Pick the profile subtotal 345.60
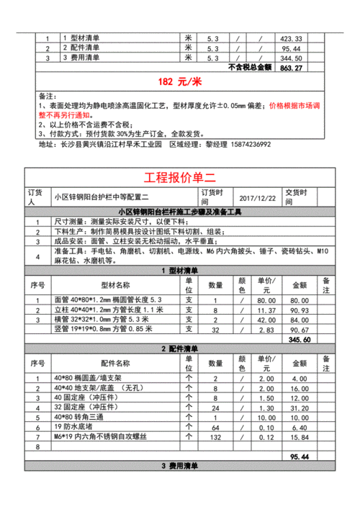[299, 339]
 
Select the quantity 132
[214, 436]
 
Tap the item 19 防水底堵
[71, 427]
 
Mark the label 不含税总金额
[248, 68]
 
